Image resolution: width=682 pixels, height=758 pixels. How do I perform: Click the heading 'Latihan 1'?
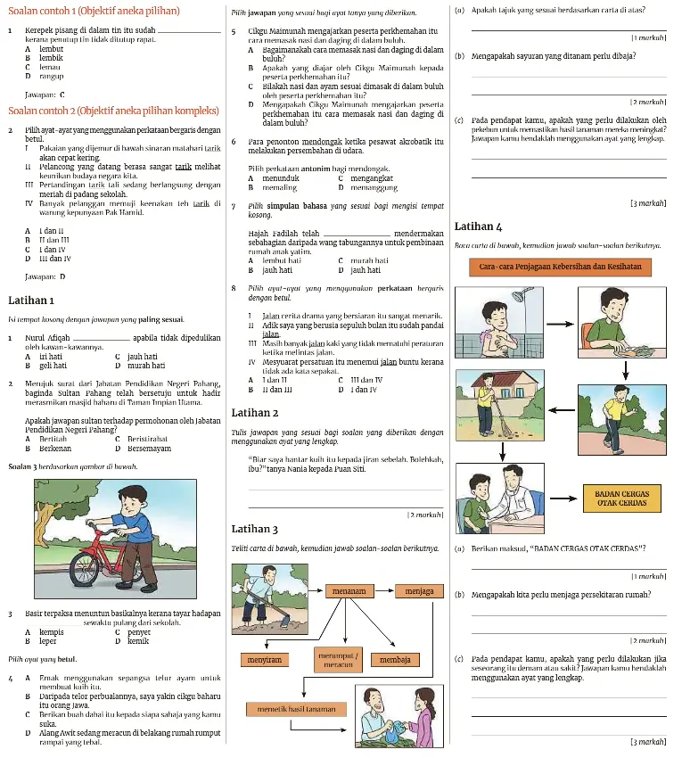click(x=31, y=300)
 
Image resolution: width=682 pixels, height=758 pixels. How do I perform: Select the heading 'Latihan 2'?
click(x=254, y=413)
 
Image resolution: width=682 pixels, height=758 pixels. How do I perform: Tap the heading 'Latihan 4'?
click(x=478, y=227)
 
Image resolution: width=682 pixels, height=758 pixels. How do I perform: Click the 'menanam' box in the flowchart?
click(x=349, y=590)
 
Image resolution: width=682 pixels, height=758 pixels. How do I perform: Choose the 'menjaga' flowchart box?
click(x=418, y=590)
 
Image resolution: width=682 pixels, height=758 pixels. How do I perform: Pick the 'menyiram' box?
click(x=263, y=660)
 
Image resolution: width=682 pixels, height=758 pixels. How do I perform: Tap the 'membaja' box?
click(x=395, y=660)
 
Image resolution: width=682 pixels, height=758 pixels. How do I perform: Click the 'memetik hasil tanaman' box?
click(x=296, y=709)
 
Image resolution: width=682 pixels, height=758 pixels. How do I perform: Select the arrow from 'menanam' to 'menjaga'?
click(x=383, y=590)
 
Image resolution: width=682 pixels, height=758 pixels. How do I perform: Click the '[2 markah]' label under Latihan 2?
click(x=424, y=515)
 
